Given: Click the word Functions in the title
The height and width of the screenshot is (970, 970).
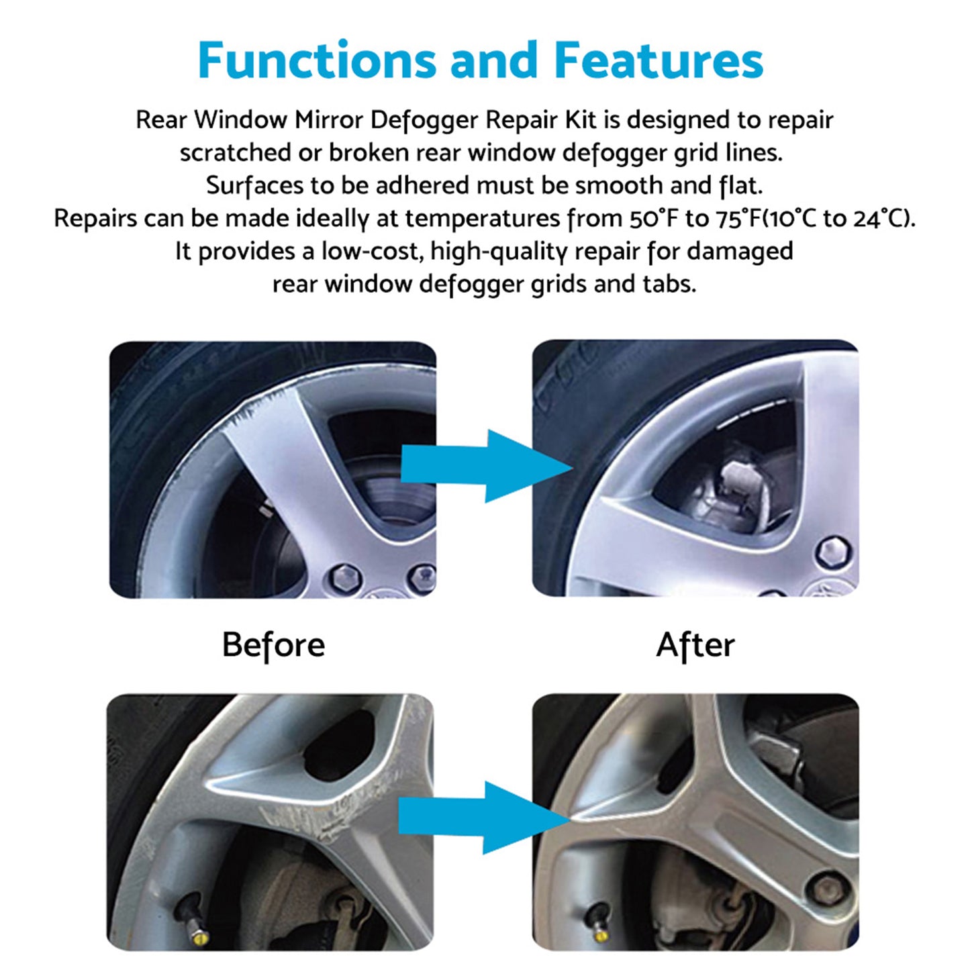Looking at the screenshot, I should [316, 60].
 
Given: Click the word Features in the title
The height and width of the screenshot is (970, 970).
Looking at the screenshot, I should [659, 60].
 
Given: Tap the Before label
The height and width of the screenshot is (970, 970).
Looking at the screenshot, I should [273, 645].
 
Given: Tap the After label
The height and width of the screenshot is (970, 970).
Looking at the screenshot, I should [695, 645].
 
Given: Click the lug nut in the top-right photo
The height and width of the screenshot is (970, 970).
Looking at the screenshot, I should [834, 552].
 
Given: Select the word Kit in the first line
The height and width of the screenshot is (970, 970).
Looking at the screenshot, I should [581, 120].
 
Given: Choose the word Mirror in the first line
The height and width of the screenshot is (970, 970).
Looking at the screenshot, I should [328, 120].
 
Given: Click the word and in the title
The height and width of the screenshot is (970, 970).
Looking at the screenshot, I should [494, 60].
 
